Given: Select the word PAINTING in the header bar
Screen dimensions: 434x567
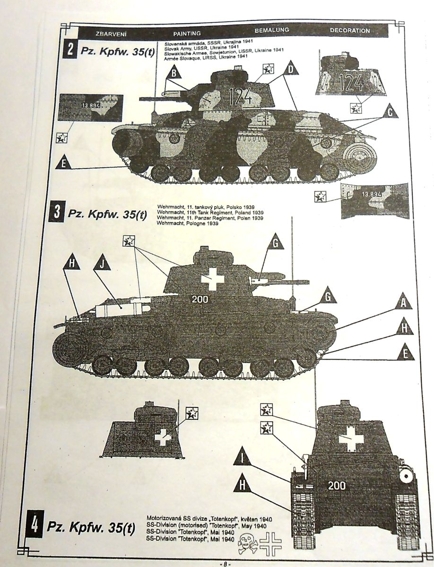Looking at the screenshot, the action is tap(187, 34).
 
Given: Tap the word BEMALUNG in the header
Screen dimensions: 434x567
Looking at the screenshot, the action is tap(271, 31).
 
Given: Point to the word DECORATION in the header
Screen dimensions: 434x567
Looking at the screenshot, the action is tap(350, 31).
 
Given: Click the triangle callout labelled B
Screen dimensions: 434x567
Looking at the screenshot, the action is tap(175, 73).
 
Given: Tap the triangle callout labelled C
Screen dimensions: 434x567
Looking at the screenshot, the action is tap(390, 111).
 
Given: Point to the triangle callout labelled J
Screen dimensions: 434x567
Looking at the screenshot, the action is tap(103, 264).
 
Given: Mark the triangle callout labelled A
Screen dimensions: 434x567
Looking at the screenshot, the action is tap(403, 303).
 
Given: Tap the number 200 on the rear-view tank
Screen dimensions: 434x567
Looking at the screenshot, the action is tap(336, 485).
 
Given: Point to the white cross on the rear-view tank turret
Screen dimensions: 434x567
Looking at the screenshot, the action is tap(350, 439).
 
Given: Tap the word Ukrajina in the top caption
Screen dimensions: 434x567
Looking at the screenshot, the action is tap(241, 43).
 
